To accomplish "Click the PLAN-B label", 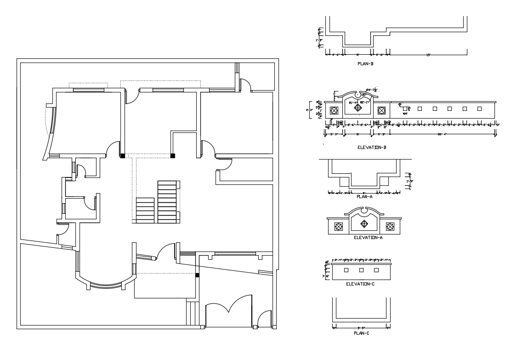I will [365, 64].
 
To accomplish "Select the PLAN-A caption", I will [364, 196].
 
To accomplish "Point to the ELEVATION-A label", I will [368, 237].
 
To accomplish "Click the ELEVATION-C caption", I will [360, 284].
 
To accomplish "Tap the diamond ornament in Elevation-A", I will [364, 224].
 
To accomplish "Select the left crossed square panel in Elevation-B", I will [334, 111].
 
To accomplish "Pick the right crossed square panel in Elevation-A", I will [390, 226].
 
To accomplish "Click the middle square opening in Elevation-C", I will [361, 270].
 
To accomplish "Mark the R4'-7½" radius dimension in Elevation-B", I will [371, 91].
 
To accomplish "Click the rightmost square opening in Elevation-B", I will [479, 109].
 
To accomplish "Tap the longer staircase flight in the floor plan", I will [167, 202].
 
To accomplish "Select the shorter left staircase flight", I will [145, 210].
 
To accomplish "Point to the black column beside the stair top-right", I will [173, 156].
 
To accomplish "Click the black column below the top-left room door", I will [122, 156].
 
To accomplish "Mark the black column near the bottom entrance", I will [197, 275].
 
